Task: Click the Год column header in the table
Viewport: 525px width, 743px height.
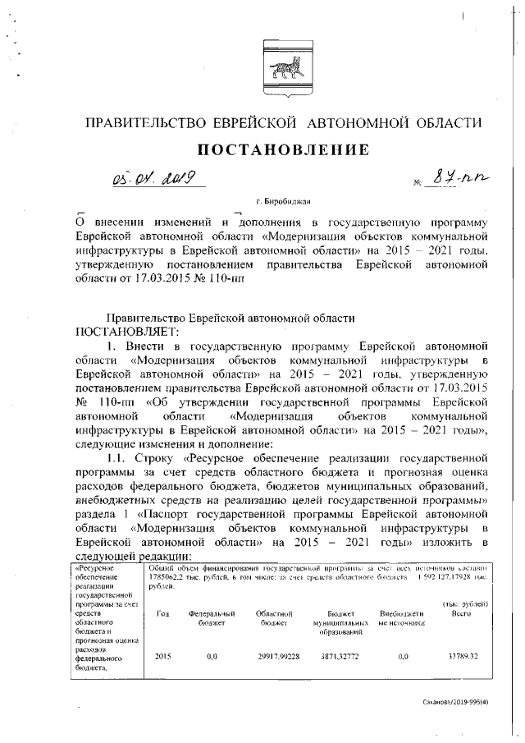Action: pyautogui.click(x=162, y=614)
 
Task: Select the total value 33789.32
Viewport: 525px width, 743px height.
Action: pyautogui.click(x=463, y=657)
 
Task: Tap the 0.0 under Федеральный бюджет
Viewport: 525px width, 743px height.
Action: pyautogui.click(x=212, y=657)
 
